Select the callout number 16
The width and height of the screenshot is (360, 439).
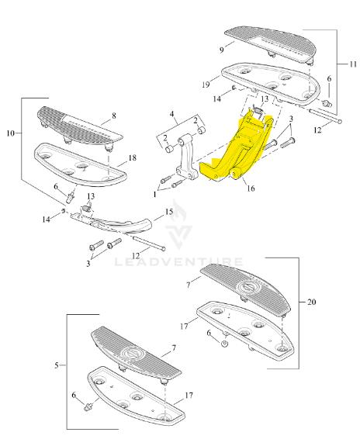pyautogui.click(x=251, y=188)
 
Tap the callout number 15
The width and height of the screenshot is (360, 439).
pyautogui.click(x=169, y=212)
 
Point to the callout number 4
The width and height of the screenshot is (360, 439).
pyautogui.click(x=171, y=114)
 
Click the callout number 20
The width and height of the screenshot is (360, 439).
pyautogui.click(x=312, y=302)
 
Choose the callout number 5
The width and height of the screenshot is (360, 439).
pyautogui.click(x=57, y=365)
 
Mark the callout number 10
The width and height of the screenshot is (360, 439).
pyautogui.click(x=10, y=133)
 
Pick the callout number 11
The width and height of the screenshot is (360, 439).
pyautogui.click(x=353, y=64)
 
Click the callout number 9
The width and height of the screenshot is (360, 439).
pyautogui.click(x=222, y=50)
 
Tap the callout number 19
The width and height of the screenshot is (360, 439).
pyautogui.click(x=206, y=85)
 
